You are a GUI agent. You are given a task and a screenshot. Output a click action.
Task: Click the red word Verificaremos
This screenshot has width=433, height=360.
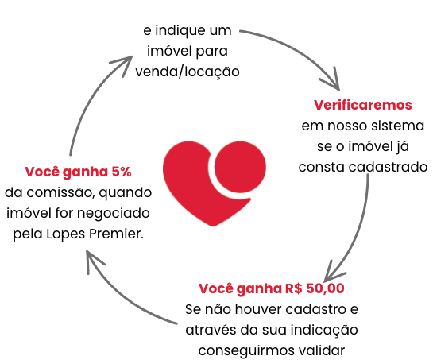coord(362,105)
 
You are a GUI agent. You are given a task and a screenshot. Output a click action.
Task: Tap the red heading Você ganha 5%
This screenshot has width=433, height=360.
coord(78,172)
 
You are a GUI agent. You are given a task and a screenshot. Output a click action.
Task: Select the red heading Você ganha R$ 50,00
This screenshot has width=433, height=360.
coord(272,288)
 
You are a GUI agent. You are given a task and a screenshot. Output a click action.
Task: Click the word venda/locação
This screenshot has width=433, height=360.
coord(188,72)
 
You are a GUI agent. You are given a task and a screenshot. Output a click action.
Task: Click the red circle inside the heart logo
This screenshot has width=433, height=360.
coord(240,167)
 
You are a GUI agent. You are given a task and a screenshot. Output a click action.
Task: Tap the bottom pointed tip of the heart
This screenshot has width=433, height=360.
coord(213,226)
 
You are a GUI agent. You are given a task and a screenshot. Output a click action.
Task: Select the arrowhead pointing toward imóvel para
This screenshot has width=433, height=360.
coord(124,64)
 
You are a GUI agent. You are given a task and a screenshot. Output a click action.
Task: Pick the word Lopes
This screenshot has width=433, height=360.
coord(66,234)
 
